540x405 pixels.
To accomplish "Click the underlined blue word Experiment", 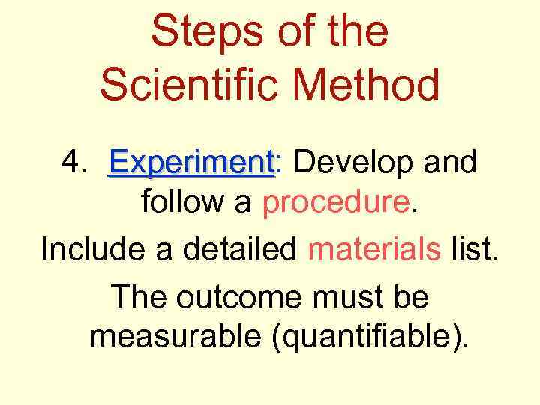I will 191,163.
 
